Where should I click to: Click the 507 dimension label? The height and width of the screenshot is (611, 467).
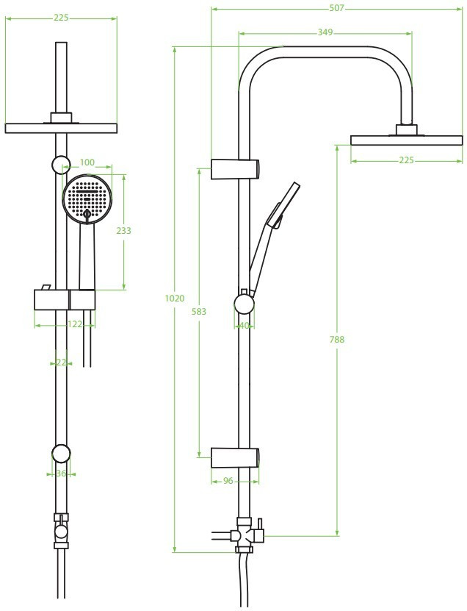coord(336,8)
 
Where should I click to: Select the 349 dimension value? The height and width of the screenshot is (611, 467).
coord(325,32)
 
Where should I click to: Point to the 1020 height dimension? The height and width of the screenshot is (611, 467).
coord(174,299)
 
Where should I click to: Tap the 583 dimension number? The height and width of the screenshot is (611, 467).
coord(199,312)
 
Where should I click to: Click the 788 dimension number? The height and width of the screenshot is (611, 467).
coord(337,340)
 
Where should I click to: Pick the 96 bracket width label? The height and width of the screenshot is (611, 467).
coord(228,482)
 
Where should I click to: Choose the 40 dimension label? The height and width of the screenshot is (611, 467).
coord(244,326)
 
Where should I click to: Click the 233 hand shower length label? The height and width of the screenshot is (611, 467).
coord(124,231)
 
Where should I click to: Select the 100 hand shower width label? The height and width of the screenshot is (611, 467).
coord(87,162)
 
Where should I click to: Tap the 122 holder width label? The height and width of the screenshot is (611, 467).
coord(75,324)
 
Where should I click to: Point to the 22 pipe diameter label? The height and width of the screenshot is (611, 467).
coord(61,362)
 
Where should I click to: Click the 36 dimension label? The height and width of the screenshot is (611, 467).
coord(61,474)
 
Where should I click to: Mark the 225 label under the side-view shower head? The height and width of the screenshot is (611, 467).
coord(406,160)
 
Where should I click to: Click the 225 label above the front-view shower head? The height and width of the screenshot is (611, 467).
coord(61,18)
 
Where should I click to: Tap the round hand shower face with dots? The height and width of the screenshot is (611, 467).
coord(87,199)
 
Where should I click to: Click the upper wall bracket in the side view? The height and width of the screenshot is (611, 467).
coord(235,169)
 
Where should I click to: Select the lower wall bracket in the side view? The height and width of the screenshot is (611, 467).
coord(235,457)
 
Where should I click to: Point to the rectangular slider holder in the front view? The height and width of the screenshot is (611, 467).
coord(65,300)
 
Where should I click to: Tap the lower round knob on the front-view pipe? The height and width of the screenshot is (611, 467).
coord(61,454)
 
